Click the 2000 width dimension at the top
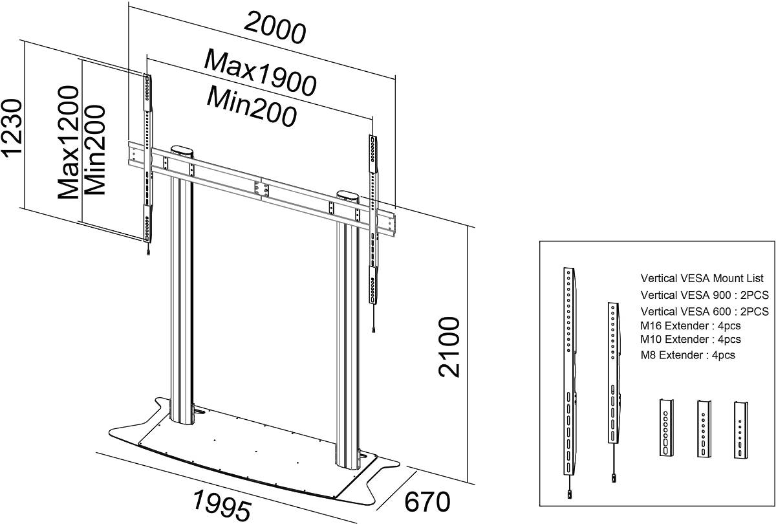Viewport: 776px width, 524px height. (275, 28)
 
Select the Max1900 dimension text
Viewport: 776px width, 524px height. (260, 73)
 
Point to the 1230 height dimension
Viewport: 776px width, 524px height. (12, 128)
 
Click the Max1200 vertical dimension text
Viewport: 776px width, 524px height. (68, 142)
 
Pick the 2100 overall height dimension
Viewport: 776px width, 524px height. (449, 347)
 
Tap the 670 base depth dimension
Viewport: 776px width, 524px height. (427, 502)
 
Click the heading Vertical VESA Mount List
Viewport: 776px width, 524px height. (702, 278)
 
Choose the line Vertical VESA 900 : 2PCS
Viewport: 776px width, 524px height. (705, 295)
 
